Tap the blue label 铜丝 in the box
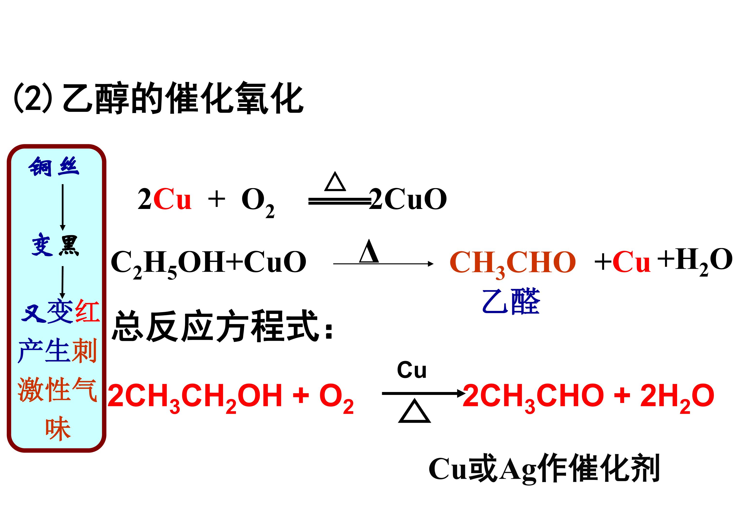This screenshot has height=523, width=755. [x=54, y=167]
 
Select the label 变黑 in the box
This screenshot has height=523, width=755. [x=55, y=245]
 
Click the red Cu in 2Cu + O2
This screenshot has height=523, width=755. [x=172, y=199]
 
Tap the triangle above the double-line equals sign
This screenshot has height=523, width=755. [x=335, y=182]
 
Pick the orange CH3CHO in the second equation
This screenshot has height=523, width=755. [x=513, y=264]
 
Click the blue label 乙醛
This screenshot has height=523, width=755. [x=511, y=301]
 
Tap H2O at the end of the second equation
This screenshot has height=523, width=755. [x=704, y=261]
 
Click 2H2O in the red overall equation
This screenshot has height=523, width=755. [x=677, y=398]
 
